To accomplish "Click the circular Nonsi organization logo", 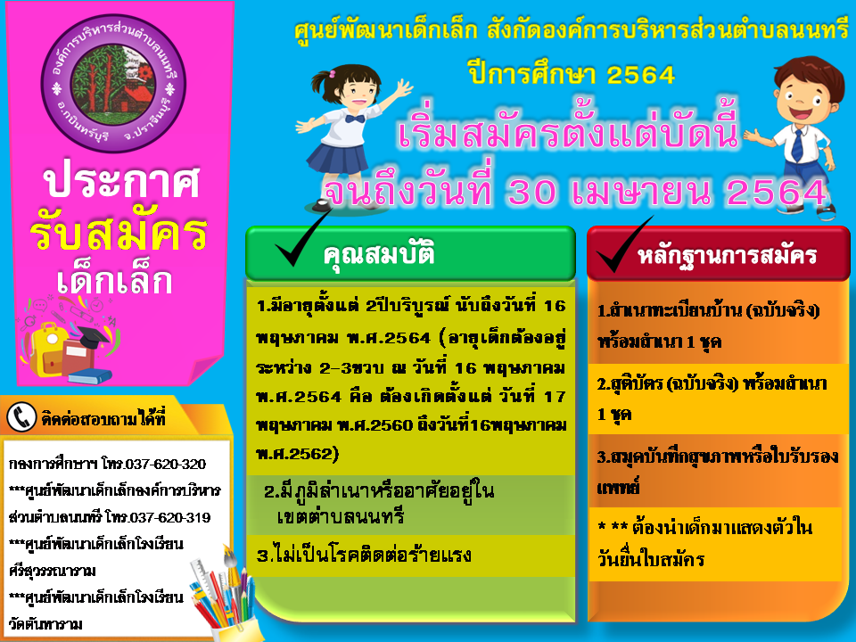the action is click(113, 84).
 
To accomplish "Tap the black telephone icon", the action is click(21, 417).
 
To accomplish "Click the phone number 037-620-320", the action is click(166, 464).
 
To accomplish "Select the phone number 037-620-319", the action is click(169, 517).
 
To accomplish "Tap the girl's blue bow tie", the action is click(354, 119).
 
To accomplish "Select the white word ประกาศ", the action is click(122, 180).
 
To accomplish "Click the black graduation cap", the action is click(93, 337).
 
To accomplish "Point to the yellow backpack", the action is click(45, 350).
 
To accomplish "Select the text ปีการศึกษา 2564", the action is click(571, 75).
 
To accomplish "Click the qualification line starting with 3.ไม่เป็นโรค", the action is click(364, 556).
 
